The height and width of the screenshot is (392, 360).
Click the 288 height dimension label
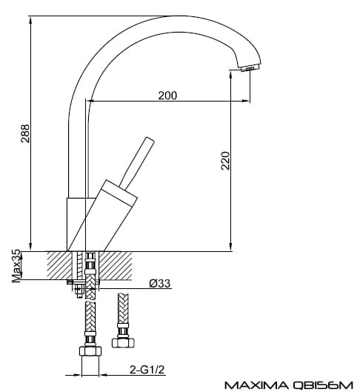[x=25, y=133]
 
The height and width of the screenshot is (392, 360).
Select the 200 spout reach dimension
[x=167, y=96]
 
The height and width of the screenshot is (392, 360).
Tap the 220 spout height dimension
[x=225, y=161]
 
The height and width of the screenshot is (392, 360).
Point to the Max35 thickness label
[x=16, y=266]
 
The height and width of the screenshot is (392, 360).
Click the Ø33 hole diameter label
[x=160, y=284]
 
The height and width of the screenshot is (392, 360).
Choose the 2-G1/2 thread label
[x=147, y=370]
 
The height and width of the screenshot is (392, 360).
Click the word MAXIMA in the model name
[x=256, y=385]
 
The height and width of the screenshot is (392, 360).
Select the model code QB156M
[x=322, y=385]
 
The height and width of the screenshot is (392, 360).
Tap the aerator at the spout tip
[x=248, y=68]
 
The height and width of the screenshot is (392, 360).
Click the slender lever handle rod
[x=137, y=163]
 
